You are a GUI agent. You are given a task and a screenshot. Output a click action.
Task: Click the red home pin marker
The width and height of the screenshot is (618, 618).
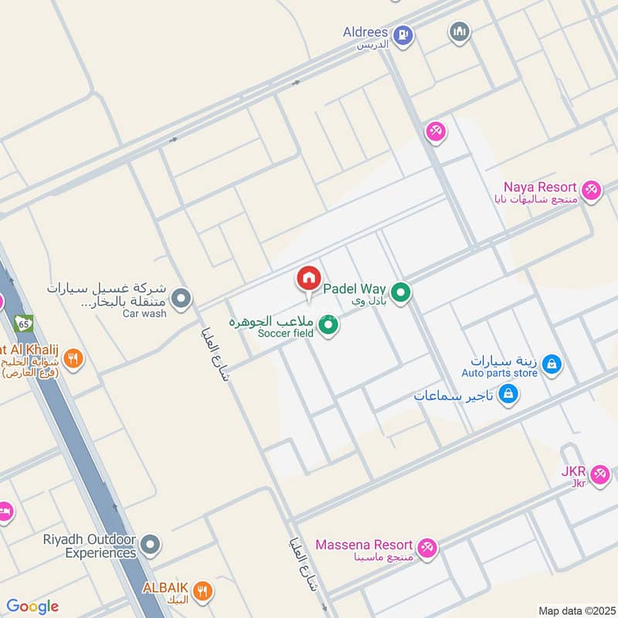click(x=308, y=279)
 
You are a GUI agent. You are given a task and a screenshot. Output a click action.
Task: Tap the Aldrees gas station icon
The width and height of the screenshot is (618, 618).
click(x=402, y=35)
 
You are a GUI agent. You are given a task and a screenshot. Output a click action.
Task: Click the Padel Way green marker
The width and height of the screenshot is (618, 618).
click(x=400, y=293)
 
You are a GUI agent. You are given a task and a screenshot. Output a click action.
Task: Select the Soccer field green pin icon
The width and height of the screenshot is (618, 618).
click(x=329, y=326)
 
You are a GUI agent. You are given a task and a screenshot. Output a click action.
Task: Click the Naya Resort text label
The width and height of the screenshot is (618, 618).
click(x=540, y=187)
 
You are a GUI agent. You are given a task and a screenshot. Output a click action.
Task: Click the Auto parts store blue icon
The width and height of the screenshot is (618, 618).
click(x=551, y=364)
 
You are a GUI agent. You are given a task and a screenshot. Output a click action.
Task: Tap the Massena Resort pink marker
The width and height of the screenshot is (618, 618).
click(x=427, y=548)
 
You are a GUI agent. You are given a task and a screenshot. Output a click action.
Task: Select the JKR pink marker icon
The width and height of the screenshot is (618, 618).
click(x=599, y=474)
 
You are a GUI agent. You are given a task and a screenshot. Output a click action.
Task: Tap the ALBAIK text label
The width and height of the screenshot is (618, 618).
click(x=165, y=587)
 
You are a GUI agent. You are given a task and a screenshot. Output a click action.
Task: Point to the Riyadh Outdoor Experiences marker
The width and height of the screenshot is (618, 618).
click(x=151, y=545)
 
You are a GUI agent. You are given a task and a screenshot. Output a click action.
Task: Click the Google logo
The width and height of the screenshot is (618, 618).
click(x=32, y=606)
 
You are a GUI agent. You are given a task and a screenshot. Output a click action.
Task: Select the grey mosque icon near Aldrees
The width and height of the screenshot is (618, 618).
click(x=460, y=32)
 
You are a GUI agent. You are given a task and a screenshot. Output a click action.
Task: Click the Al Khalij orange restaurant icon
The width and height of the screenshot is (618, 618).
click(x=73, y=358)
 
